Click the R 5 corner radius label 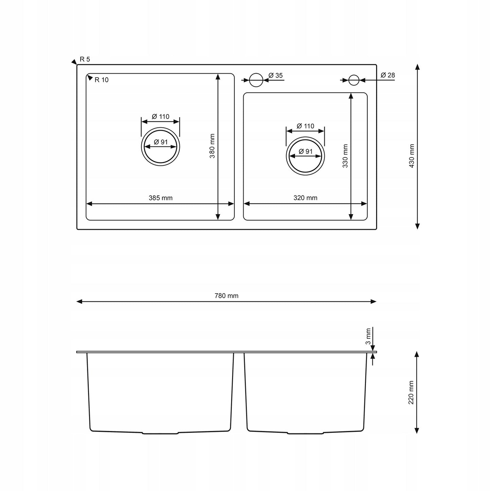85,59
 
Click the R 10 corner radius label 101,80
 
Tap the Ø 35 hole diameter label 275,75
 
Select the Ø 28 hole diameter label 388,75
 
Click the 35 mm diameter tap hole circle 256,80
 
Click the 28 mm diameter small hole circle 354,80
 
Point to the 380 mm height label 212,146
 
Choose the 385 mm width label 160,198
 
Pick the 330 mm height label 345,156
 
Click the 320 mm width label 305,198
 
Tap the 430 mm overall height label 411,156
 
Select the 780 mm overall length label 226,296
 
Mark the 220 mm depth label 411,392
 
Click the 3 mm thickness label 368,336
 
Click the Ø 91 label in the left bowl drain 161,142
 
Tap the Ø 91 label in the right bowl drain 305,152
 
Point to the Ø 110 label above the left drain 160,117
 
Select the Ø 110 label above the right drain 305,126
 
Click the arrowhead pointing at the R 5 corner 74,62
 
